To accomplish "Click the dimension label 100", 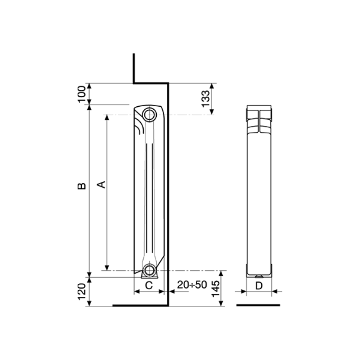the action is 81,94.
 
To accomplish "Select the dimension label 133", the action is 206,99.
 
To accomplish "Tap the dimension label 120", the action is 82,291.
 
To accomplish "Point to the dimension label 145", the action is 215,288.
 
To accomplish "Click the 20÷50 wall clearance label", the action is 192,285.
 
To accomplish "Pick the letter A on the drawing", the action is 102,185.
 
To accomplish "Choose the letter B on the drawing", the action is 82,186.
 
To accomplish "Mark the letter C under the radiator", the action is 149,285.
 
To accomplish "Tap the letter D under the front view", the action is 259,286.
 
